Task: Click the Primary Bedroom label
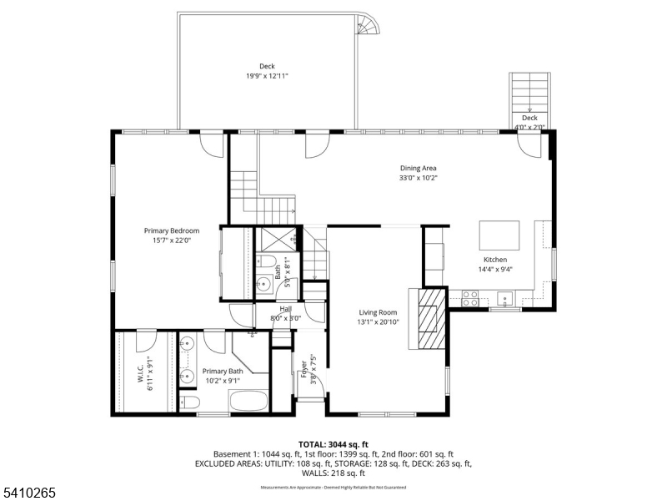click(x=172, y=230)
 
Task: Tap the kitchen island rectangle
click(x=499, y=235)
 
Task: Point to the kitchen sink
click(x=504, y=296)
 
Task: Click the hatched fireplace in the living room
click(x=432, y=319)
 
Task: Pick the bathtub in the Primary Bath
click(x=248, y=401)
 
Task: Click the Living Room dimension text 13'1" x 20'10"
click(x=378, y=321)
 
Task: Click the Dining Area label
click(x=418, y=168)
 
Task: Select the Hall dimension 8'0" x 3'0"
click(x=285, y=318)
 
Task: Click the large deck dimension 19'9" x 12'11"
click(x=266, y=76)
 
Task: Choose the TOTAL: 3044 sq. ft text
click(x=333, y=444)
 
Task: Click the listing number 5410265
click(x=28, y=493)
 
